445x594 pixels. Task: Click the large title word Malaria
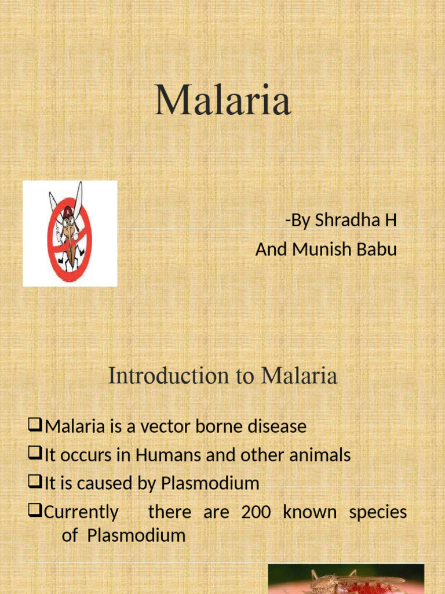[x=222, y=100]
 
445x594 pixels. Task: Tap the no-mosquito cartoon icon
[x=70, y=233]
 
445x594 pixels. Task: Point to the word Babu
[x=378, y=249]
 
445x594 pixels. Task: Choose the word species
[x=378, y=512]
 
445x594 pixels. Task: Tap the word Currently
[x=82, y=512]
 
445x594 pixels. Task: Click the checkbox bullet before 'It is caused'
[x=36, y=483]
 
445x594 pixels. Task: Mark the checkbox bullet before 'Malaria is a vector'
[x=36, y=427]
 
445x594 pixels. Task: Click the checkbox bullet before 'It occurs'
[x=36, y=455]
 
